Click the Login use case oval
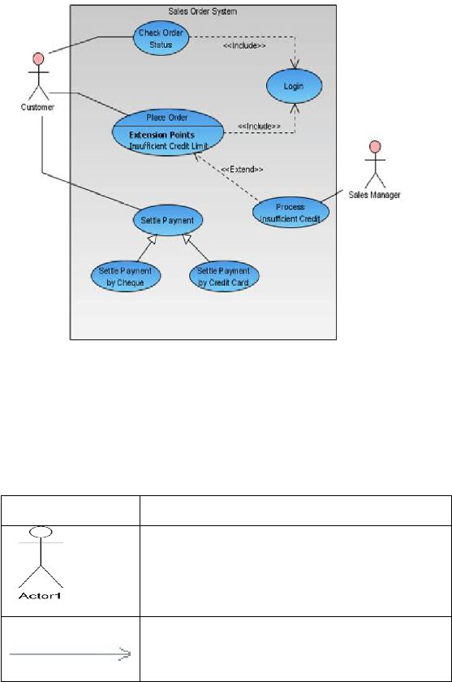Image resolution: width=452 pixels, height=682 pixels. point(295,86)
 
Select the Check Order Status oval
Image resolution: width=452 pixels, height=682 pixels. point(161,39)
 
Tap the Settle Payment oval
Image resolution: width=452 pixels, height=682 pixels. point(168,220)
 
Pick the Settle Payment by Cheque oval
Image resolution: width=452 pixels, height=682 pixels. point(126,277)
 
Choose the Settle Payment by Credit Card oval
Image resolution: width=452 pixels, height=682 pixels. point(224,277)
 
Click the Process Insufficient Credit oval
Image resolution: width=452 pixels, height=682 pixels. point(291,213)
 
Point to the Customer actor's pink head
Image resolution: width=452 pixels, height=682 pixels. point(39,58)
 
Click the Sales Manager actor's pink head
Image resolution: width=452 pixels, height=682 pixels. point(375,147)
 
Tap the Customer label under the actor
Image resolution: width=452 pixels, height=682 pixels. point(38,107)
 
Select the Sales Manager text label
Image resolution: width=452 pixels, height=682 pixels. point(374,195)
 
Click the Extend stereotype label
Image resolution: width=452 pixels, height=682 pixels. point(242,169)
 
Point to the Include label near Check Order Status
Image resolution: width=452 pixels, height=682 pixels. point(244,45)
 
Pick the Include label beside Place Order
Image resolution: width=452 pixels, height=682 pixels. point(259,126)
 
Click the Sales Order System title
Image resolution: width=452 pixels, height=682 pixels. point(203,11)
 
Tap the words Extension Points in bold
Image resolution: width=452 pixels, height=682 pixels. point(161,135)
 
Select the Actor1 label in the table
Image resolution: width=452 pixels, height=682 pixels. point(40,595)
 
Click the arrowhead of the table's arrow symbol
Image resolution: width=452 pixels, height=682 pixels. point(126,654)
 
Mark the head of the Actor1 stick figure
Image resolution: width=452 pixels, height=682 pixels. point(41,532)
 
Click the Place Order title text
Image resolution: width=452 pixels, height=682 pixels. point(167,118)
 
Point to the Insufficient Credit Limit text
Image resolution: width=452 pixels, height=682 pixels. point(169,146)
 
